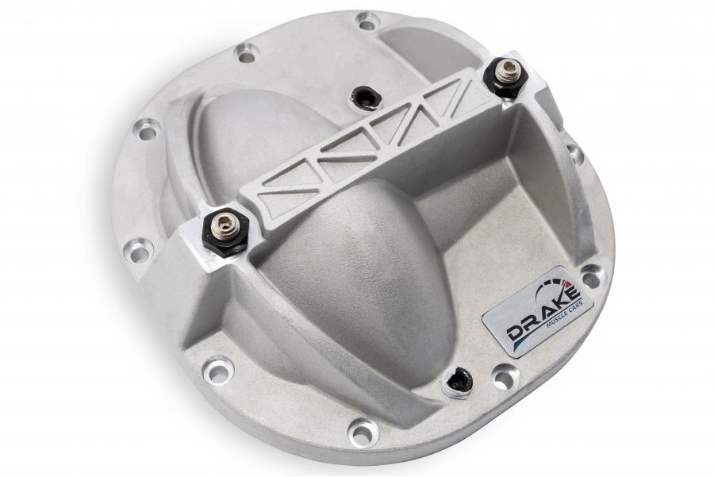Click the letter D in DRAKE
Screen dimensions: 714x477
click(x=516, y=335)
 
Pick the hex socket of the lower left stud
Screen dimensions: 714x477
click(x=223, y=223)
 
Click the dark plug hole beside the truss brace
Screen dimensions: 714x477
click(x=365, y=98)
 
